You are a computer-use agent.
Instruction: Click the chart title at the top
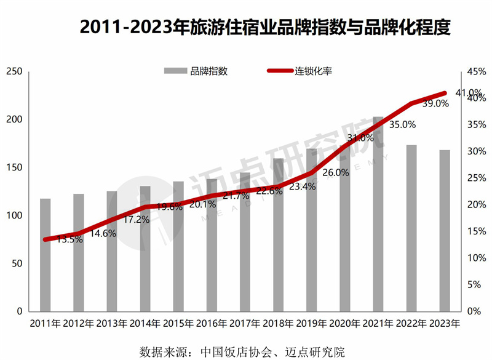[265, 28]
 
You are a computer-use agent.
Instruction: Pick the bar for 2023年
[444, 230]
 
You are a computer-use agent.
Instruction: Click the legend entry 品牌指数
[197, 71]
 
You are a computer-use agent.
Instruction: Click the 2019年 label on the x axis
[311, 324]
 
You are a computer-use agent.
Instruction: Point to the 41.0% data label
[468, 93]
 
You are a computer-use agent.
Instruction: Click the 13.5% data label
[69, 239]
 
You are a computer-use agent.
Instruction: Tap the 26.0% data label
[335, 173]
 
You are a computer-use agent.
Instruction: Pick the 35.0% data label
[403, 124]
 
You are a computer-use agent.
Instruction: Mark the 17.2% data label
[136, 218]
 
